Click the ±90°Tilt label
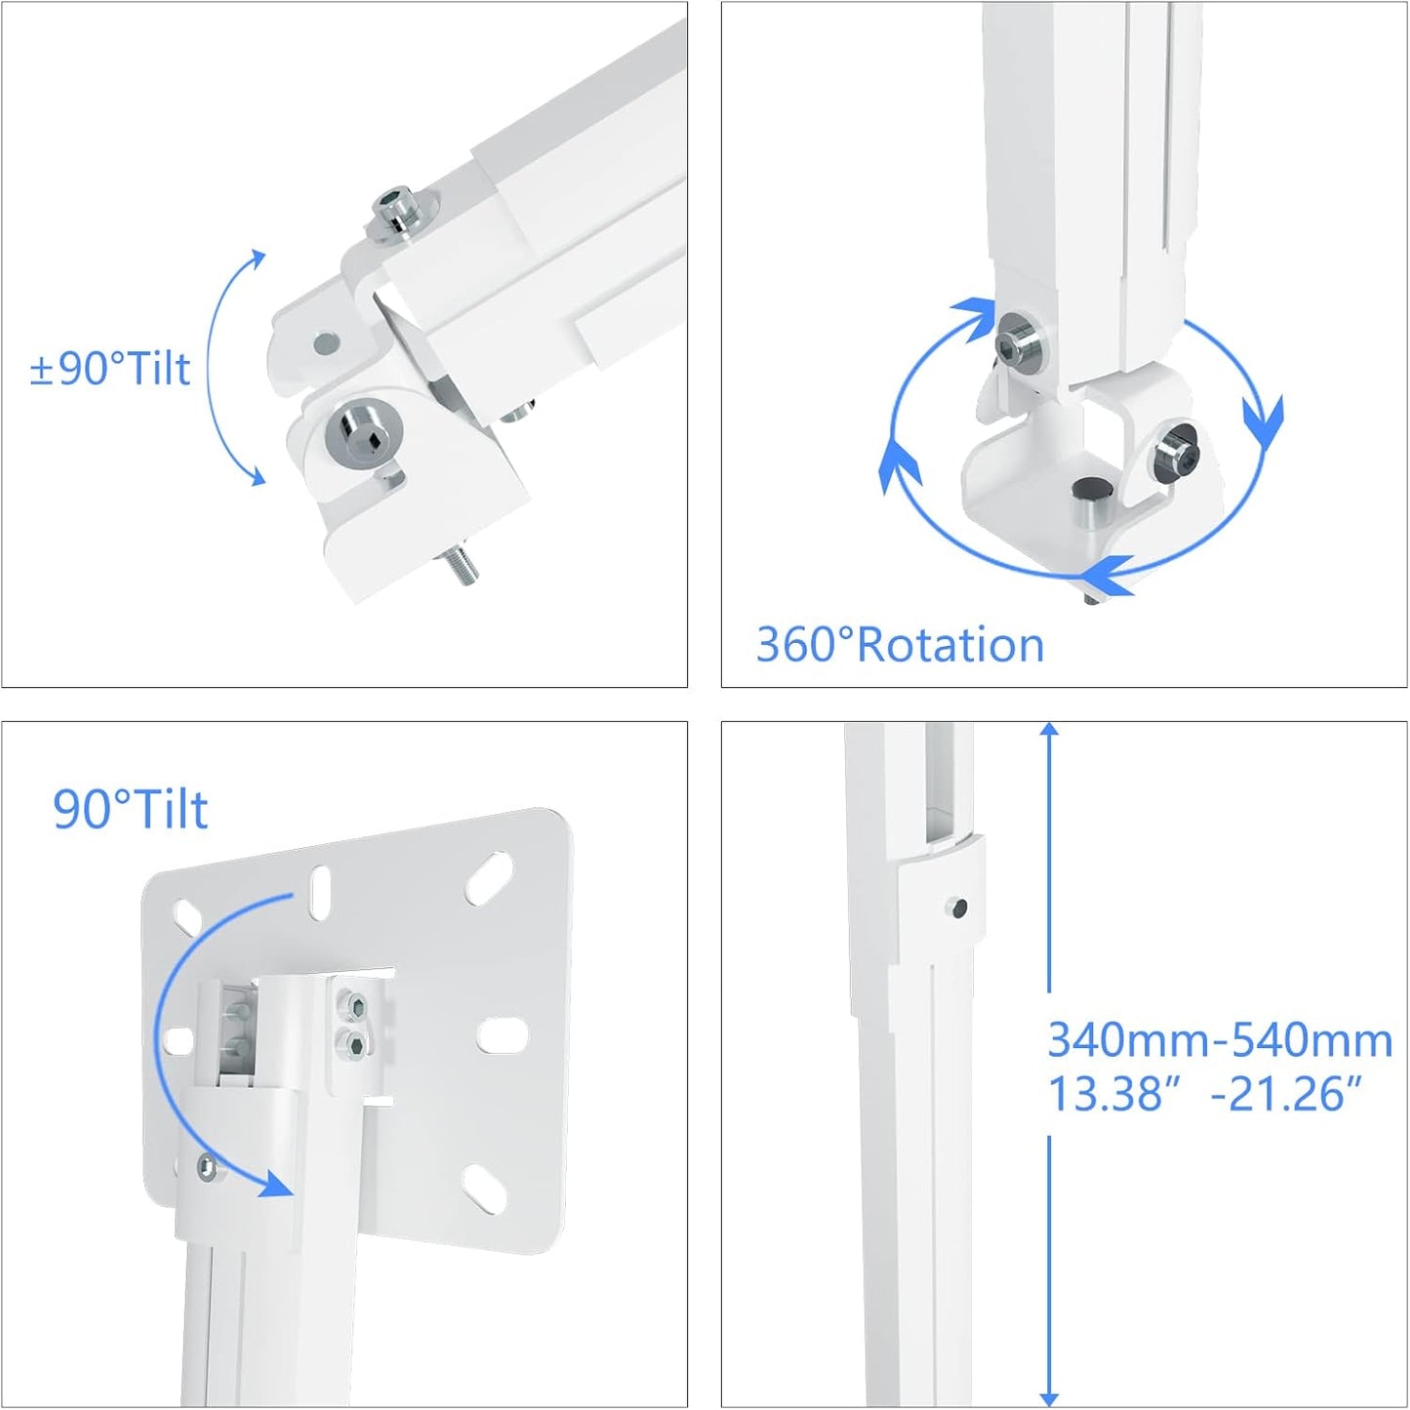110,369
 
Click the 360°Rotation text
900,645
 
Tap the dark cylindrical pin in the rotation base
1086,498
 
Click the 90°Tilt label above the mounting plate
131,809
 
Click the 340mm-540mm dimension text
1220,1040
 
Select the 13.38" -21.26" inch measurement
1204,1093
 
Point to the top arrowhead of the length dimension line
1049,732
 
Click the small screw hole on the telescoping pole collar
957,907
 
